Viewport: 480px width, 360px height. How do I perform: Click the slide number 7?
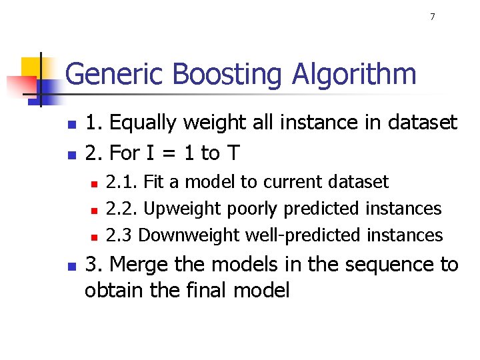point(432,17)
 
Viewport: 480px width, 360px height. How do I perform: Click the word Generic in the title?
point(108,75)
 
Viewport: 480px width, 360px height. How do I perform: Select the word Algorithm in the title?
point(354,75)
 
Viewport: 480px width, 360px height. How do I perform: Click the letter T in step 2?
point(233,153)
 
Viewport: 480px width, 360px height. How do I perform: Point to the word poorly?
point(253,209)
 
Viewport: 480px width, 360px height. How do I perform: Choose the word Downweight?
point(190,235)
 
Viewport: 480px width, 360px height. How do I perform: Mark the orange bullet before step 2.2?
point(94,210)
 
